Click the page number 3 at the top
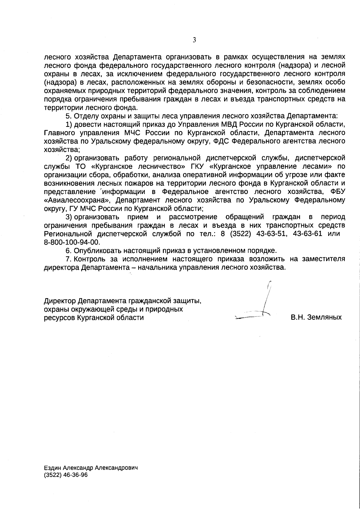194,40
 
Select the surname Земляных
325,317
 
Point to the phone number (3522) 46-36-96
66,475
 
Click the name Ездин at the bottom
53,468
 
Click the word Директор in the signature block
60,301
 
